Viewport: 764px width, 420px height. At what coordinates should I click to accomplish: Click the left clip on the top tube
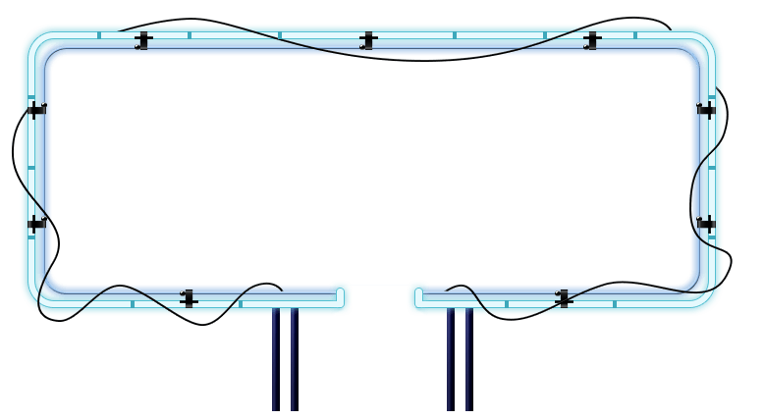[x=143, y=41]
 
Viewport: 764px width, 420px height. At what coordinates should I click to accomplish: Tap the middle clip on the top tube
[x=368, y=41]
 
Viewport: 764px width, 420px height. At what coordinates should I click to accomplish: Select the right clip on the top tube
[x=591, y=41]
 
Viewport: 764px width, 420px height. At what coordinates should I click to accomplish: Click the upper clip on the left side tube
[x=36, y=110]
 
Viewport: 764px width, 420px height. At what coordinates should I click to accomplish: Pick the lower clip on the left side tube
[x=36, y=224]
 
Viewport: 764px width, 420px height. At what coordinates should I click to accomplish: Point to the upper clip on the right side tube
[x=706, y=110]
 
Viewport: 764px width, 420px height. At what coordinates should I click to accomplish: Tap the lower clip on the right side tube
[x=706, y=224]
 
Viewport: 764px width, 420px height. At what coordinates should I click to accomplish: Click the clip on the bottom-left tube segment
[x=189, y=298]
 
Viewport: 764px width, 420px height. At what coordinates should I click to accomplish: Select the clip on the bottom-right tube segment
[x=563, y=298]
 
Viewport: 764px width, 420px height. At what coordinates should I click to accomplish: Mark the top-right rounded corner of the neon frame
[x=703, y=44]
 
